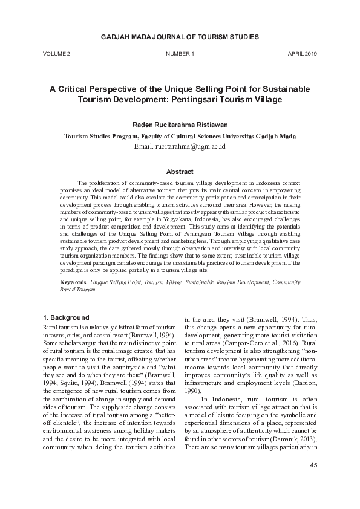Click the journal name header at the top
click(180, 37)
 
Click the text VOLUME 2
click(56, 54)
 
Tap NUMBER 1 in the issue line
click(180, 54)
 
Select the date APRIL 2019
click(303, 54)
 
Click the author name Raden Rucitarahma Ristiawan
click(180, 123)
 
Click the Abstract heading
click(180, 172)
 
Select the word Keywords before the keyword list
click(74, 282)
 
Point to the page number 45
click(313, 465)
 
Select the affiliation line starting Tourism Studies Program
click(180, 136)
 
